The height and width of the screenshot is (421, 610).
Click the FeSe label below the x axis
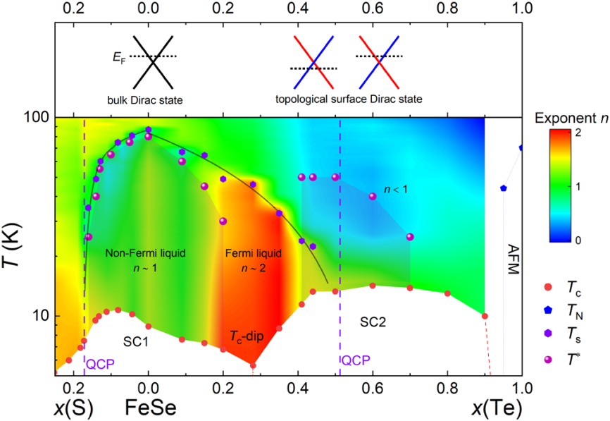148,407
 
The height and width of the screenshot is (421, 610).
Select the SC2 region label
374,322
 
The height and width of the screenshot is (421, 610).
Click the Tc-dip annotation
247,336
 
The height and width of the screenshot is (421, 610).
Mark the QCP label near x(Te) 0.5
355,360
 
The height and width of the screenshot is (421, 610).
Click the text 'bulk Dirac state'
145,100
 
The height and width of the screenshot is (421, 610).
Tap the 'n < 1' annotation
396,189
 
